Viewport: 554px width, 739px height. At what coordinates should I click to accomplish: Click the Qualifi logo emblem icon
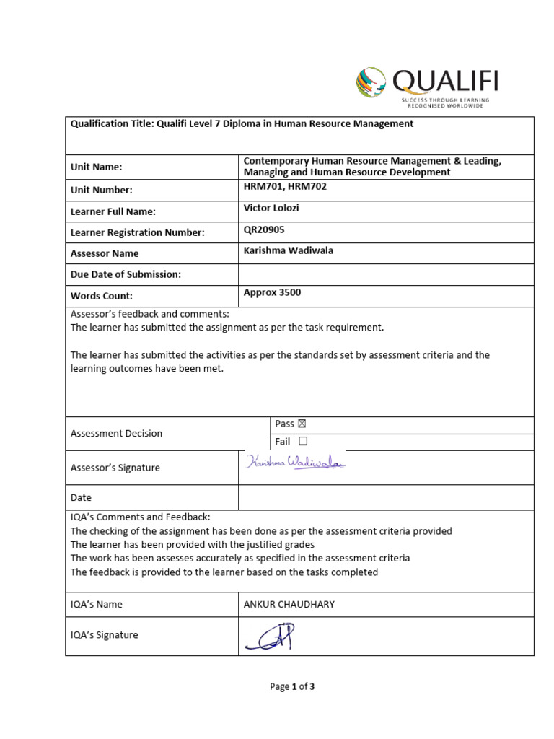[371, 82]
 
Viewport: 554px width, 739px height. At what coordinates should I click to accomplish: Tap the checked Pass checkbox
[302, 424]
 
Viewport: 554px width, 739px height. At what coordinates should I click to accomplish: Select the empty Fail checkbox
[302, 442]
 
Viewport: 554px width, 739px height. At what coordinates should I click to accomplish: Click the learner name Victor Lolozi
[272, 208]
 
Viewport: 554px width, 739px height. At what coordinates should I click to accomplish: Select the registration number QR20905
[264, 229]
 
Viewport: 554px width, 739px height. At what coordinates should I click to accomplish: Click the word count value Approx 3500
[273, 292]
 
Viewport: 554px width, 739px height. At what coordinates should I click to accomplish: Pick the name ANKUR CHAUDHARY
[289, 604]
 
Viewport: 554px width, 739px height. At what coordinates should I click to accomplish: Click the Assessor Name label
[105, 253]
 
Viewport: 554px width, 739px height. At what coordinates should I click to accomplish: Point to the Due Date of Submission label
[126, 274]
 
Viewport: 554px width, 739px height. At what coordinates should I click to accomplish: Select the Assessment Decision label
[116, 433]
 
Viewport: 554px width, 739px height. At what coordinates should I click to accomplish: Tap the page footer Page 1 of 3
[292, 687]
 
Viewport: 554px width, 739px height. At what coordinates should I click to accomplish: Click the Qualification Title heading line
[242, 123]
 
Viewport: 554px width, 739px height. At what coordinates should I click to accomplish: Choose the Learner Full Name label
[113, 211]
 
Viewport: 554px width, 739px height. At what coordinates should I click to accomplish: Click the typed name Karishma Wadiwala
[289, 250]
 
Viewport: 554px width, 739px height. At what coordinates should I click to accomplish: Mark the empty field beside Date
[386, 497]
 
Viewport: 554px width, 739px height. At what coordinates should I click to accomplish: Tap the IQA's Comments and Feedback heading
[140, 517]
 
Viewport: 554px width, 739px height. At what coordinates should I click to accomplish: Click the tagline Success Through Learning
[445, 100]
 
